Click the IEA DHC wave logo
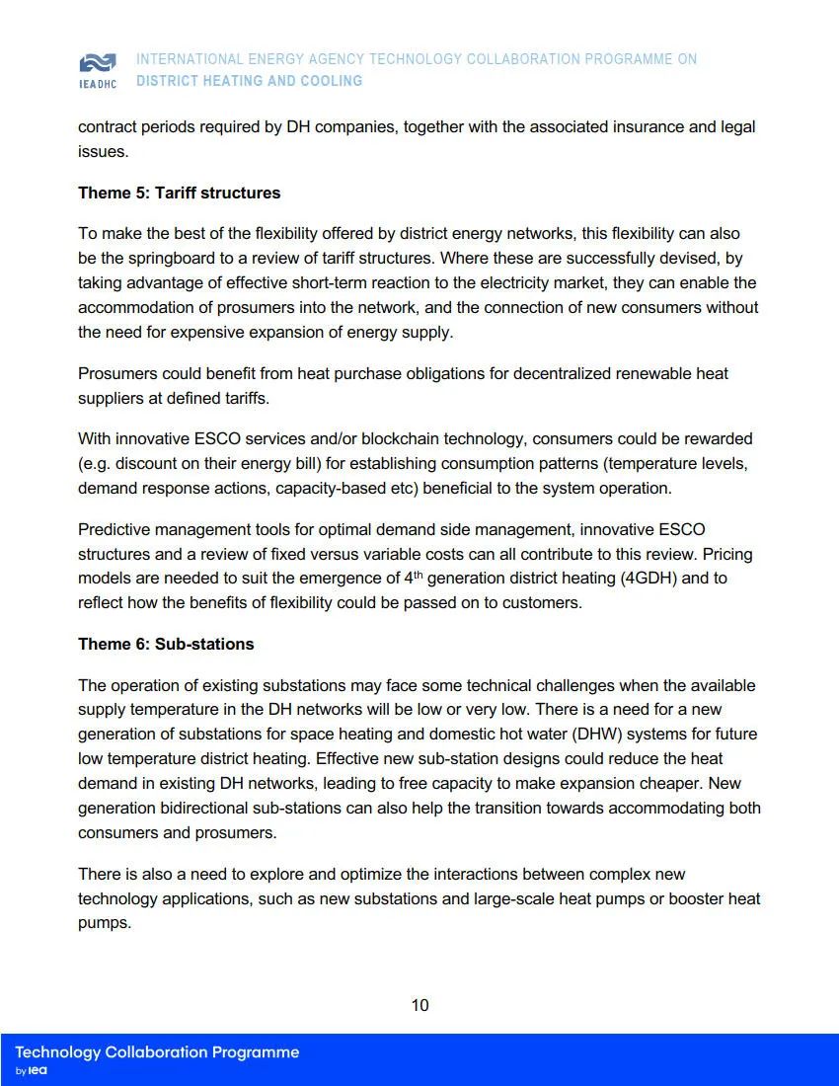tap(97, 64)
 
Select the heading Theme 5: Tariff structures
tap(179, 193)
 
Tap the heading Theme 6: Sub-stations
tap(166, 644)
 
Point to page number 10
tap(419, 1005)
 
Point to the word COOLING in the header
tap(332, 81)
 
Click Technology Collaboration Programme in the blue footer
tap(157, 1052)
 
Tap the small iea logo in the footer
tap(38, 1071)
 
